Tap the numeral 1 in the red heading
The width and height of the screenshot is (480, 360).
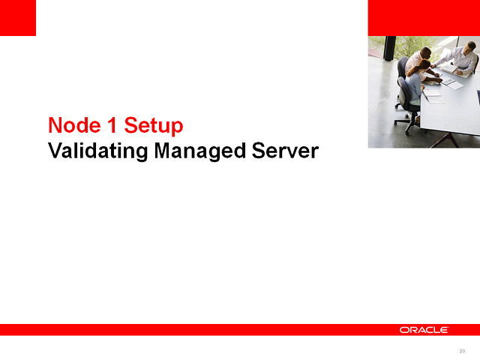click(x=110, y=125)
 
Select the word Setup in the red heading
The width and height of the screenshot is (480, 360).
click(x=153, y=125)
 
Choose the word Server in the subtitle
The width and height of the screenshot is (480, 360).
click(x=285, y=151)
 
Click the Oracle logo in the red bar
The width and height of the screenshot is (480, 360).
click(x=424, y=330)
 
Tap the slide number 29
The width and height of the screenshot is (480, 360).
click(x=462, y=351)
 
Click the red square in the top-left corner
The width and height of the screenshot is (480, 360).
click(x=18, y=18)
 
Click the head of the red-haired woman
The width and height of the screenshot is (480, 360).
click(x=424, y=65)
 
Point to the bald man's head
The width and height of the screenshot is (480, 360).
click(x=426, y=52)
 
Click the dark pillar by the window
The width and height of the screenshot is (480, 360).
click(x=388, y=49)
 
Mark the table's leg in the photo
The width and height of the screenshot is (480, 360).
click(x=448, y=139)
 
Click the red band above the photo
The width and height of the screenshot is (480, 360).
click(x=424, y=18)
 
